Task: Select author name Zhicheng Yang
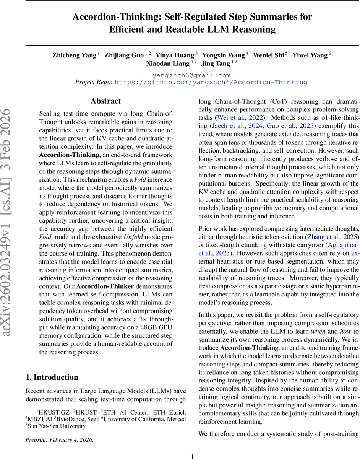tap(75, 55)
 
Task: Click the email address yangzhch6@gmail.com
tap(191, 75)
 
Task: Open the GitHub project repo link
tap(211, 82)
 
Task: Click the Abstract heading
tap(106, 101)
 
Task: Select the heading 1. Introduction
tap(52, 378)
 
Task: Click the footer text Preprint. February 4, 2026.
tap(59, 440)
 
